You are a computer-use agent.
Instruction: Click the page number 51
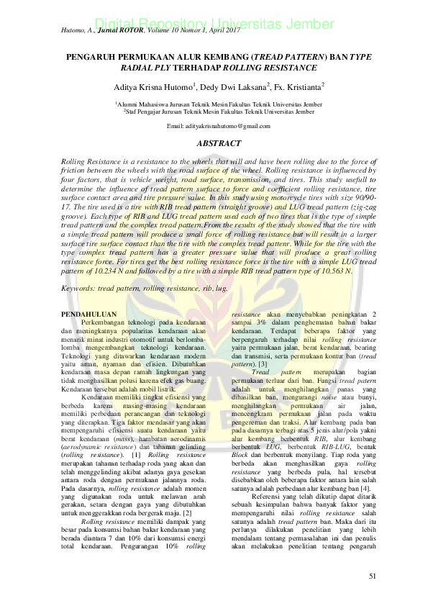(x=372, y=576)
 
